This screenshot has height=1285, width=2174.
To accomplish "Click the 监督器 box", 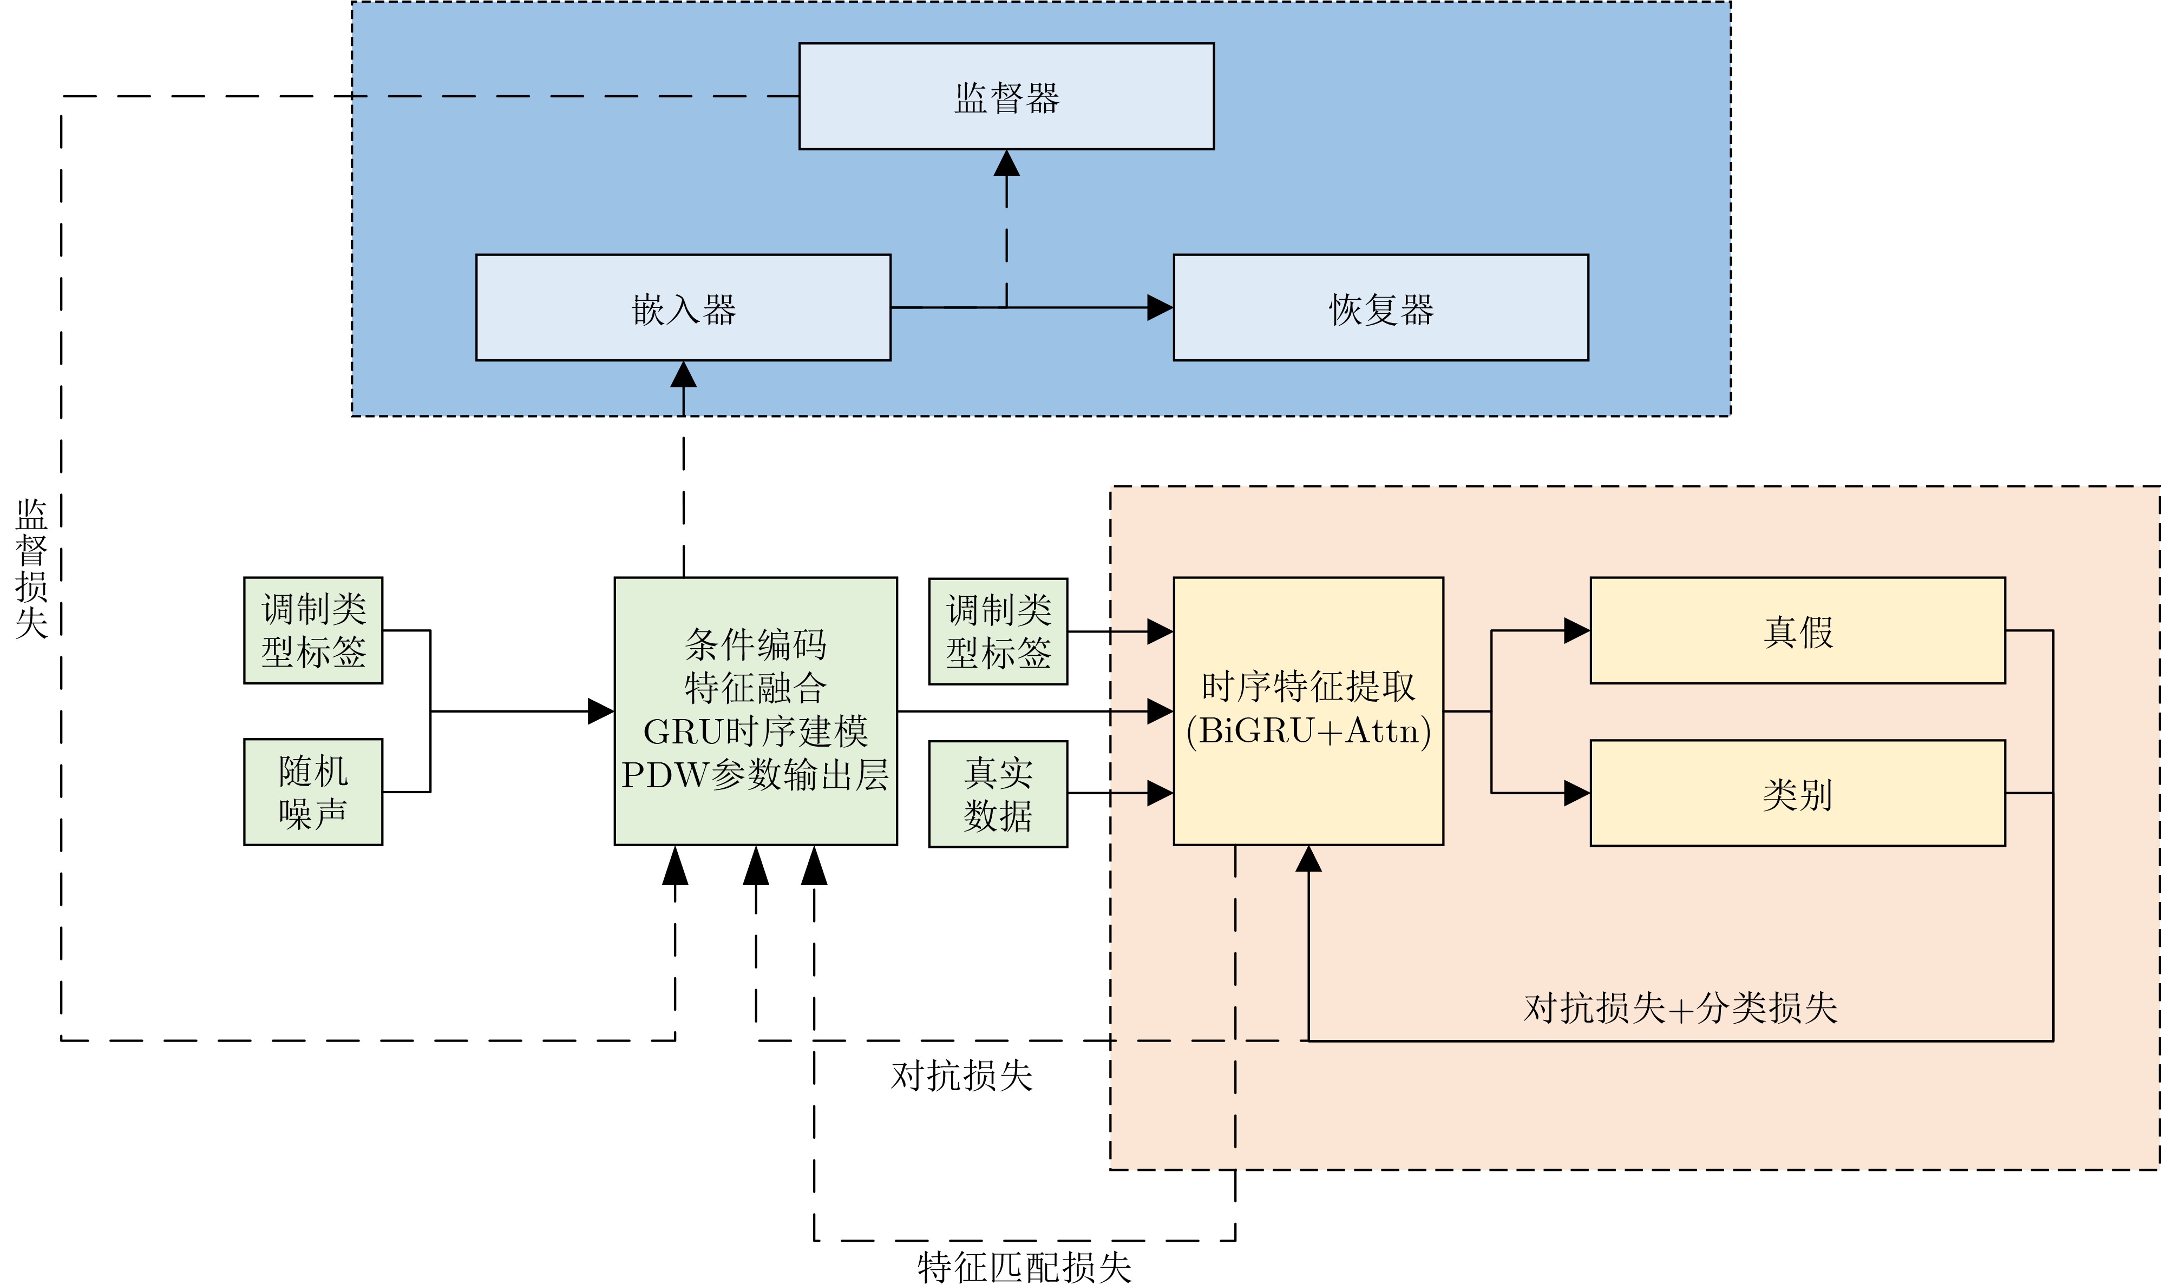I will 1006,96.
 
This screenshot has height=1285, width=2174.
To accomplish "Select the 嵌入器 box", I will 683,307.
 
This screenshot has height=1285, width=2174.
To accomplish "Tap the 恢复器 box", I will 1380,307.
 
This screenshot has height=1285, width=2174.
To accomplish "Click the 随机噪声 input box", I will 313,792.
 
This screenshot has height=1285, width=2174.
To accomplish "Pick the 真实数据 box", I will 998,793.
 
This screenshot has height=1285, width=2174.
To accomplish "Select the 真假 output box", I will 1797,630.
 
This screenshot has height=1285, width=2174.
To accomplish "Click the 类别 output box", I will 1797,792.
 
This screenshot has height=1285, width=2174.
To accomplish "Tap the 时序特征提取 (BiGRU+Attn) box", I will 1308,710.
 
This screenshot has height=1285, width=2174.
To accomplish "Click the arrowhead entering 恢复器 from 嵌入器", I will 1160,307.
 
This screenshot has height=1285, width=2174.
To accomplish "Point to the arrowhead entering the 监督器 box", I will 1006,163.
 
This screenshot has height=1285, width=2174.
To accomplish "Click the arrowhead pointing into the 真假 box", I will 1576,630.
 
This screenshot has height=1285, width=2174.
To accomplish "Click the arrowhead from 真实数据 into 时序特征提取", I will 1160,793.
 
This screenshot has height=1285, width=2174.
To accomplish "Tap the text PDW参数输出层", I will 755,775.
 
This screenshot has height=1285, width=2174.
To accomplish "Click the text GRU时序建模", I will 755,732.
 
